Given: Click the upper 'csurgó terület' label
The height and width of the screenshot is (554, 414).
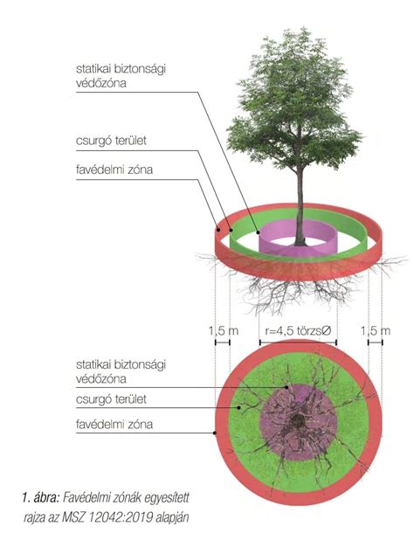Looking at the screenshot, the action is point(111,141).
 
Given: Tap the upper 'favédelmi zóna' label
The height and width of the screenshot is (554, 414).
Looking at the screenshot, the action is point(114,170).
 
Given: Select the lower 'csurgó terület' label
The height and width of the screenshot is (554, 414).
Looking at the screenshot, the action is point(111,399).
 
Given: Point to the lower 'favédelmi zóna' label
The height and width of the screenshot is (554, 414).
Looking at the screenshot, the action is point(114,424).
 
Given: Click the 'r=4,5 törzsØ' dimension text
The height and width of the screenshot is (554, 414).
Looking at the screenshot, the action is point(298,330).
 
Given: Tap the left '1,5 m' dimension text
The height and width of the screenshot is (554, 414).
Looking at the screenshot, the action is point(224,331).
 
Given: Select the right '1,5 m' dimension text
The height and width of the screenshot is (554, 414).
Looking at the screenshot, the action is point(376,331).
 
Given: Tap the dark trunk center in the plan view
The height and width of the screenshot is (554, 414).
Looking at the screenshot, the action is point(298,420).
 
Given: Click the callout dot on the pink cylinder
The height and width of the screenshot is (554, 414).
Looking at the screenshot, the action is point(259,232).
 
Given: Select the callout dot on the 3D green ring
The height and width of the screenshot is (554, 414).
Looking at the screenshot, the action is point(231,230).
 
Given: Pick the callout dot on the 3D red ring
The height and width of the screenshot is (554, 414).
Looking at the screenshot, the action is point(218,230).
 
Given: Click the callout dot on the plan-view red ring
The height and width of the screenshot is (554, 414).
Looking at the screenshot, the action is point(215,433).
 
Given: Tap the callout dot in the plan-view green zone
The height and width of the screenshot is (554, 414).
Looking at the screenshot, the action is point(239,408).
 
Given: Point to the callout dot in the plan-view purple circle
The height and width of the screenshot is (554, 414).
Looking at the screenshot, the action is point(287,387).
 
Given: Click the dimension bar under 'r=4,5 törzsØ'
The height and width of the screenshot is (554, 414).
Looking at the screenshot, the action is point(298,343).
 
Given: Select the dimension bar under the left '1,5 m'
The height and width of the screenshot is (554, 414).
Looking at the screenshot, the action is point(223,343).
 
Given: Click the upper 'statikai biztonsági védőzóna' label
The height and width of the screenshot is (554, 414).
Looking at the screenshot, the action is point(121,76).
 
